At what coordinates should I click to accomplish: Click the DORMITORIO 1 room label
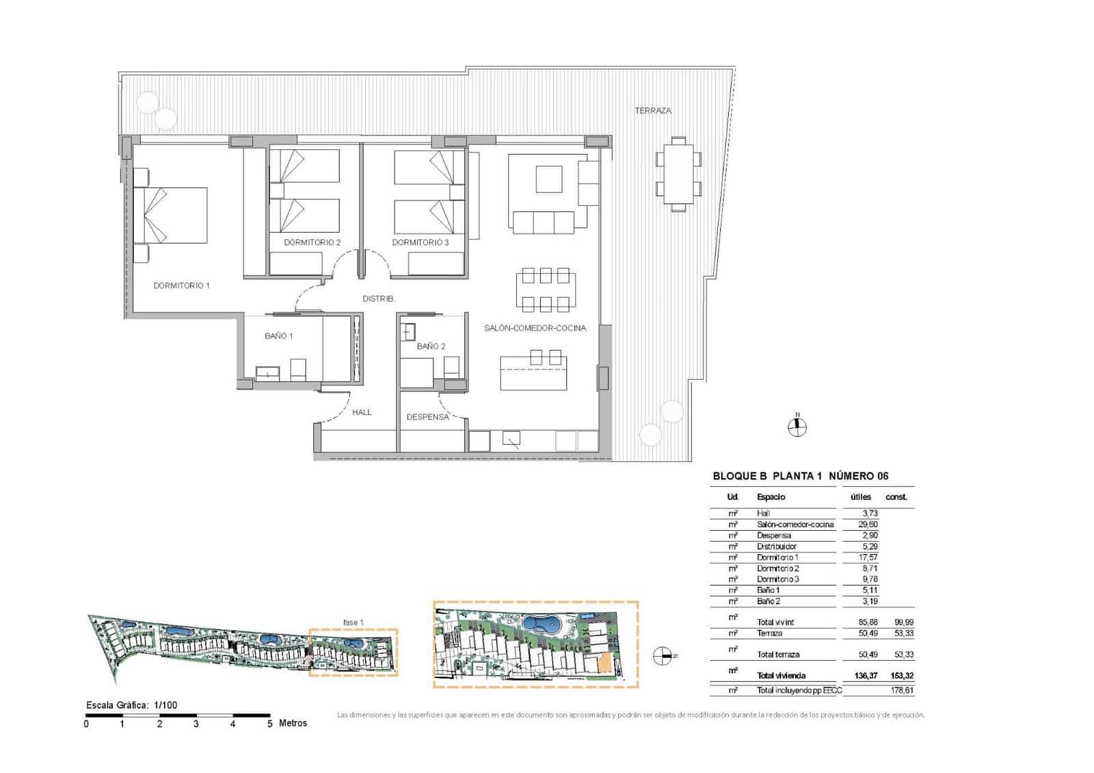[x=181, y=286]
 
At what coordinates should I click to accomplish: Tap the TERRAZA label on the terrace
[x=652, y=110]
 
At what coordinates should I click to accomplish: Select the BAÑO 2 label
[x=431, y=346]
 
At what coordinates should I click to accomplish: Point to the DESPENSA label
[x=427, y=417]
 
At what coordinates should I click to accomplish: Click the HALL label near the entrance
[x=362, y=412]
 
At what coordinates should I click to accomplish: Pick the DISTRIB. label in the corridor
[x=378, y=299]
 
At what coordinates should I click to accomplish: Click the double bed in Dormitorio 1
[x=176, y=215]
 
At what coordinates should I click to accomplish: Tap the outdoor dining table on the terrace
[x=678, y=174]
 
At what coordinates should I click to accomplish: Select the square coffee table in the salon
[x=548, y=179]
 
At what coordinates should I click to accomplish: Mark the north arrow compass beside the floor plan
[x=797, y=427]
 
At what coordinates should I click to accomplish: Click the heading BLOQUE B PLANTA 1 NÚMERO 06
[x=800, y=476]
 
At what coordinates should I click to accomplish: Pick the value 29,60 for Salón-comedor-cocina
[x=868, y=525]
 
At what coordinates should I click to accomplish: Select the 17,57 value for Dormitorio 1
[x=868, y=558]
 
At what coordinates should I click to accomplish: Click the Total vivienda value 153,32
[x=899, y=676]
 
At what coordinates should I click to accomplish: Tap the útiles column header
[x=861, y=497]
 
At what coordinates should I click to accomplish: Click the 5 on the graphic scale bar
[x=269, y=724]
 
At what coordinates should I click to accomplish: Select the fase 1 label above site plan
[x=353, y=623]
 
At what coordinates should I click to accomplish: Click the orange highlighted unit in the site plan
[x=603, y=663]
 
